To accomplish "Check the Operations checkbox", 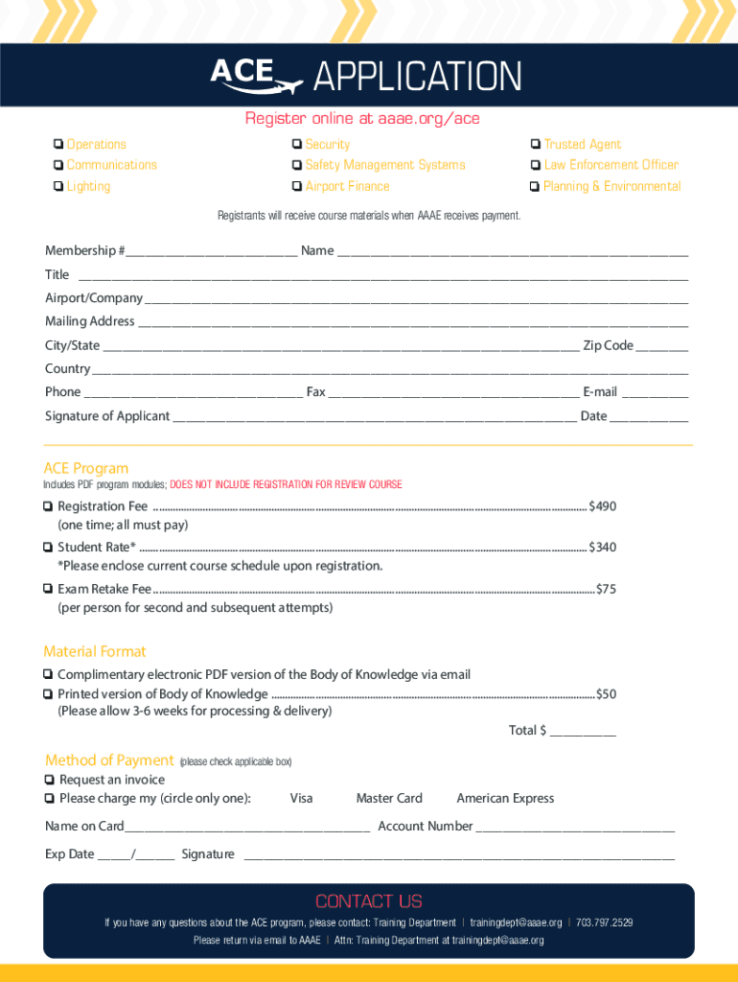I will [59, 145].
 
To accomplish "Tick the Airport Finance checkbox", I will [298, 187].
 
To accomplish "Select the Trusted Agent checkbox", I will [535, 145].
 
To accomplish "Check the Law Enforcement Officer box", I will [535, 166].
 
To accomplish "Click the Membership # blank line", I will [211, 252].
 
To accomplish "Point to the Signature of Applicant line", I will [375, 417].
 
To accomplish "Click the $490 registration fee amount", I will [602, 506].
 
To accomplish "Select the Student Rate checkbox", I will [48, 548].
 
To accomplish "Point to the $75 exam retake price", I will [606, 589].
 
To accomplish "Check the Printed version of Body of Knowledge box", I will [48, 694].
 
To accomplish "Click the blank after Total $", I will [583, 732].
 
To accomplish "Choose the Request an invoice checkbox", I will [49, 781].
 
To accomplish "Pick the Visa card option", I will [301, 799].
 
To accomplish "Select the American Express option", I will [505, 799].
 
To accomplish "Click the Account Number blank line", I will [575, 828].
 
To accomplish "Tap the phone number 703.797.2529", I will [604, 923].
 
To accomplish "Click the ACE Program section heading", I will [86, 469].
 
